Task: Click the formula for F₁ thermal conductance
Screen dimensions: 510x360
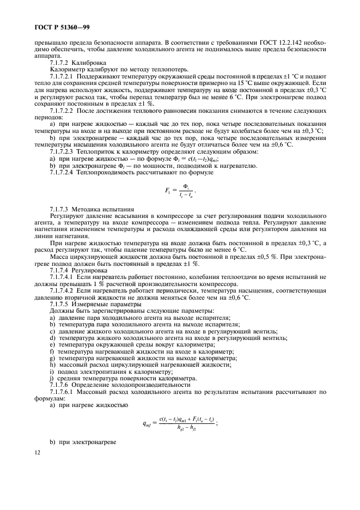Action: pos(179,193)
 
